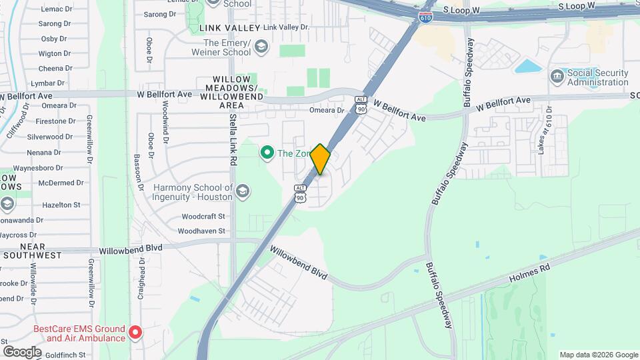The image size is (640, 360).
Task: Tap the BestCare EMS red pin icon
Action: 135,331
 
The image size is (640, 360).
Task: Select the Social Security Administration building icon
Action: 557,77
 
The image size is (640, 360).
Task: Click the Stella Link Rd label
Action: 233,139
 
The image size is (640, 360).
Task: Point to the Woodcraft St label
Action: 203,217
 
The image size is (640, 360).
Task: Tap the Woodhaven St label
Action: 201,231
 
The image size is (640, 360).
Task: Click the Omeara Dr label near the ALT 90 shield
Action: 326,111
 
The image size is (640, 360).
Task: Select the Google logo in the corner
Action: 22,351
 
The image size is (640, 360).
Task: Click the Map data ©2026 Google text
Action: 599,355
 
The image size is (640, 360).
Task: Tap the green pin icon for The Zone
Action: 267,153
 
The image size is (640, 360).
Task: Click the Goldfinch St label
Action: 65,355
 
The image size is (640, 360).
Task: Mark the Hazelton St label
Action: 63,205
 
